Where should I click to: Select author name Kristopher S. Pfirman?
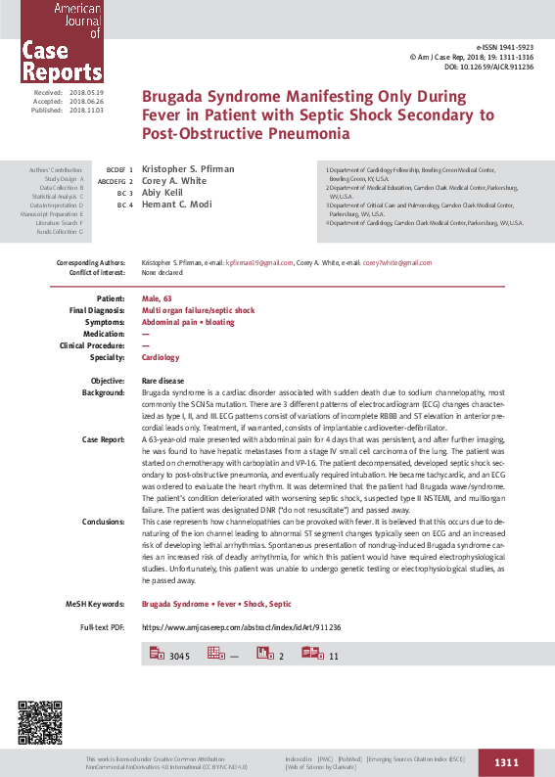click(x=186, y=170)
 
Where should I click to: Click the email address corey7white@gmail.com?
click(x=396, y=263)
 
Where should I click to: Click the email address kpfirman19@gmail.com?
click(x=259, y=263)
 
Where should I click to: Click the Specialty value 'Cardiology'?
click(x=161, y=358)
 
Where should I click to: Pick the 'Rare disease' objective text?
click(x=162, y=380)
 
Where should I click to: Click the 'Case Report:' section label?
click(x=103, y=439)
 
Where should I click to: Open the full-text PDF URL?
click(x=241, y=626)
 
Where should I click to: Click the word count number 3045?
click(x=179, y=656)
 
